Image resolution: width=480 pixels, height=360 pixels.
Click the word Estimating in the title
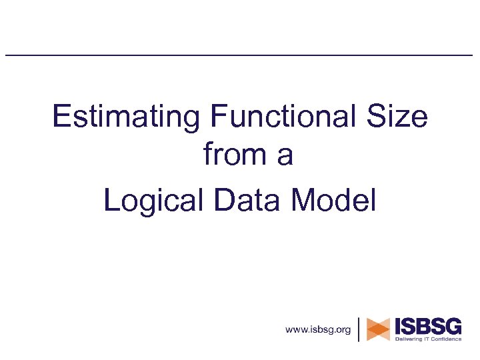click(126, 118)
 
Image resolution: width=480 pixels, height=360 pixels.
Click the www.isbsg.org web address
click(317, 329)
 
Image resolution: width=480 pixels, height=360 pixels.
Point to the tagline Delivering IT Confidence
click(428, 339)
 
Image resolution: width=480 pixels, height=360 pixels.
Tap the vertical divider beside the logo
click(359, 329)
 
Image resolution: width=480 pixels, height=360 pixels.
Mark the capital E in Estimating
click(61, 118)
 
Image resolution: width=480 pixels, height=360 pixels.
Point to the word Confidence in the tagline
click(444, 339)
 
